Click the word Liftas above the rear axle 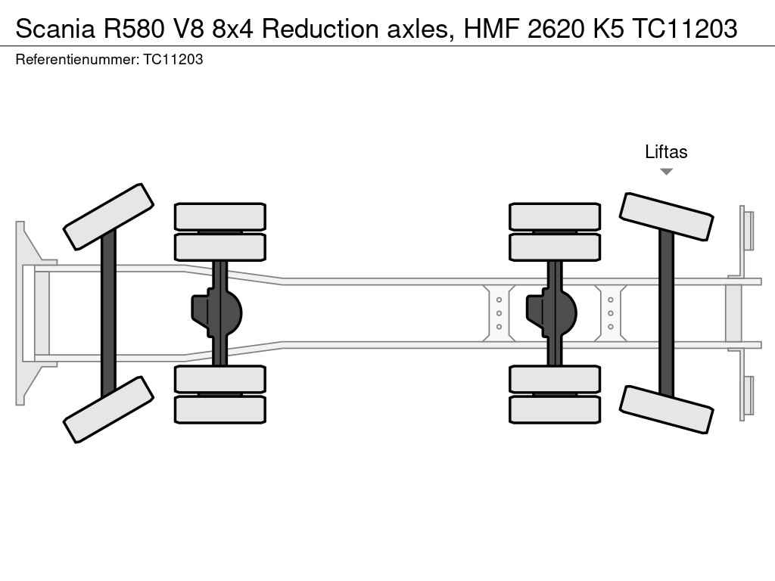click(666, 151)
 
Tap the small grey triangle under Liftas click(666, 172)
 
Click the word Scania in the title click(55, 29)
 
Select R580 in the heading click(133, 29)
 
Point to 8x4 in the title click(232, 29)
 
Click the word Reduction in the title click(320, 29)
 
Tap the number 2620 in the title click(556, 29)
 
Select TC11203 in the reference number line click(173, 59)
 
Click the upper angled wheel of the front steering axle click(108, 216)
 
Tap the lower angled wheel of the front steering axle click(108, 409)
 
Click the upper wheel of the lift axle click(666, 216)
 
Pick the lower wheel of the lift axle click(666, 409)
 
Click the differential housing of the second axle click(216, 313)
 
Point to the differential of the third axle click(551, 313)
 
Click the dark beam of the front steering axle click(108, 313)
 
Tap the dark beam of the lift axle click(666, 313)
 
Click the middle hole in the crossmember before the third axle click(500, 313)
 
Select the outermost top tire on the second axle click(220, 216)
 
